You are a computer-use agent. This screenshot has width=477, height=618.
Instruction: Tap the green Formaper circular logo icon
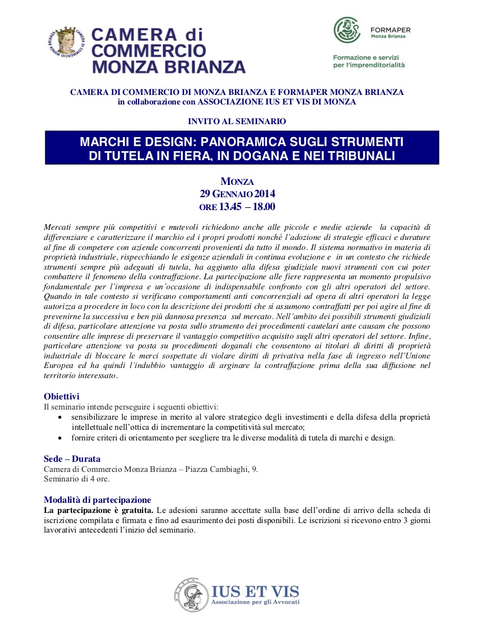pyautogui.click(x=347, y=30)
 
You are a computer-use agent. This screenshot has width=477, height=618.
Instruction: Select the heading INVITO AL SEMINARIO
pyautogui.click(x=237, y=121)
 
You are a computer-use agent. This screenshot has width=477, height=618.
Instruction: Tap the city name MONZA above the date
pyautogui.click(x=237, y=181)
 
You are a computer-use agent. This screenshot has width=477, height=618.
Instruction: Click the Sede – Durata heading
pyautogui.click(x=72, y=458)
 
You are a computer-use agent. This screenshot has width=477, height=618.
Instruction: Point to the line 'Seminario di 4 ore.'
pyautogui.click(x=77, y=479)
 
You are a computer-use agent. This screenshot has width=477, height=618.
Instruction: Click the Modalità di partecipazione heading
pyautogui.click(x=97, y=499)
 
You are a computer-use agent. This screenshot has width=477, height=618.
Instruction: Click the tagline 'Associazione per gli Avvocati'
pyautogui.click(x=255, y=602)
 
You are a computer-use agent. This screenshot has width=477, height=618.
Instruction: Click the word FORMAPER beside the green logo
pyautogui.click(x=391, y=29)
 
